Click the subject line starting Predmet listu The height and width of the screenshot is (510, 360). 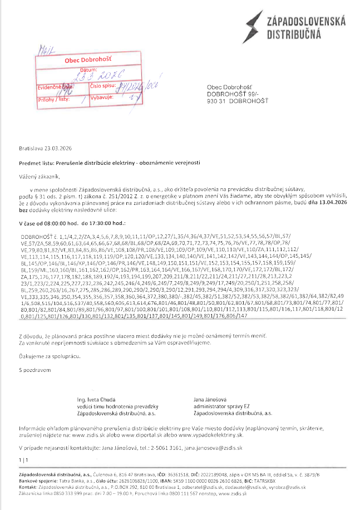coord(110,162)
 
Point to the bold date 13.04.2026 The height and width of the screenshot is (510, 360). coord(332,204)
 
